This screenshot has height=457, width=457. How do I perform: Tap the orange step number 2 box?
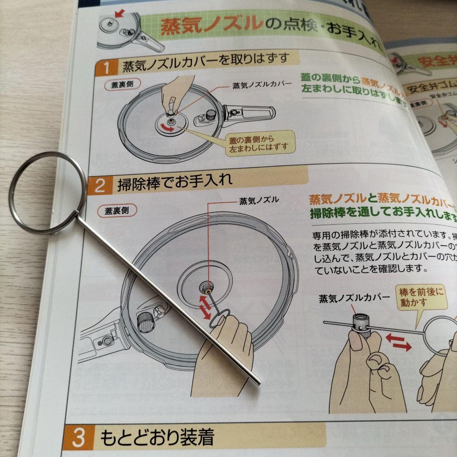tap(100, 185)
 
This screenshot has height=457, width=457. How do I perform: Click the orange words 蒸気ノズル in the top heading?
tap(210, 26)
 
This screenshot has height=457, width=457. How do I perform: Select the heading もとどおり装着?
tap(157, 437)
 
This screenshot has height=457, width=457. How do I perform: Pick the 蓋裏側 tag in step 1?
tap(119, 83)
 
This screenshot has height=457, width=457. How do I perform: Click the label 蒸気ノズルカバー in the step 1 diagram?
tap(262, 84)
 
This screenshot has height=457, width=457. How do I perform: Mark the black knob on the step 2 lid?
tap(146, 324)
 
